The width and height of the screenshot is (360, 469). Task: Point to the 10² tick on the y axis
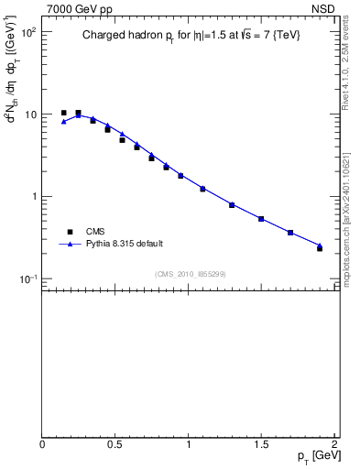27,32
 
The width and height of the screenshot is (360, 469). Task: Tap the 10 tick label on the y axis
30,115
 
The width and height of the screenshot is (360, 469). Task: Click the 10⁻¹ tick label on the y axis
27,278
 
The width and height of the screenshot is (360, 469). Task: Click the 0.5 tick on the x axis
115,443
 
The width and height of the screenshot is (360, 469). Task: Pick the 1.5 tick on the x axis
261,443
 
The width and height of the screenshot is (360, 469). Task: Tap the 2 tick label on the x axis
334,443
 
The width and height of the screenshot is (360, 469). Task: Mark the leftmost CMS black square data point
63,113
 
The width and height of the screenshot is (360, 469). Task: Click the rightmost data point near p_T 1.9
320,247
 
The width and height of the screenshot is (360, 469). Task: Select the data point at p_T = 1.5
261,219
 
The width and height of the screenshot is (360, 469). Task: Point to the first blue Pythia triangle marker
63,121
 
